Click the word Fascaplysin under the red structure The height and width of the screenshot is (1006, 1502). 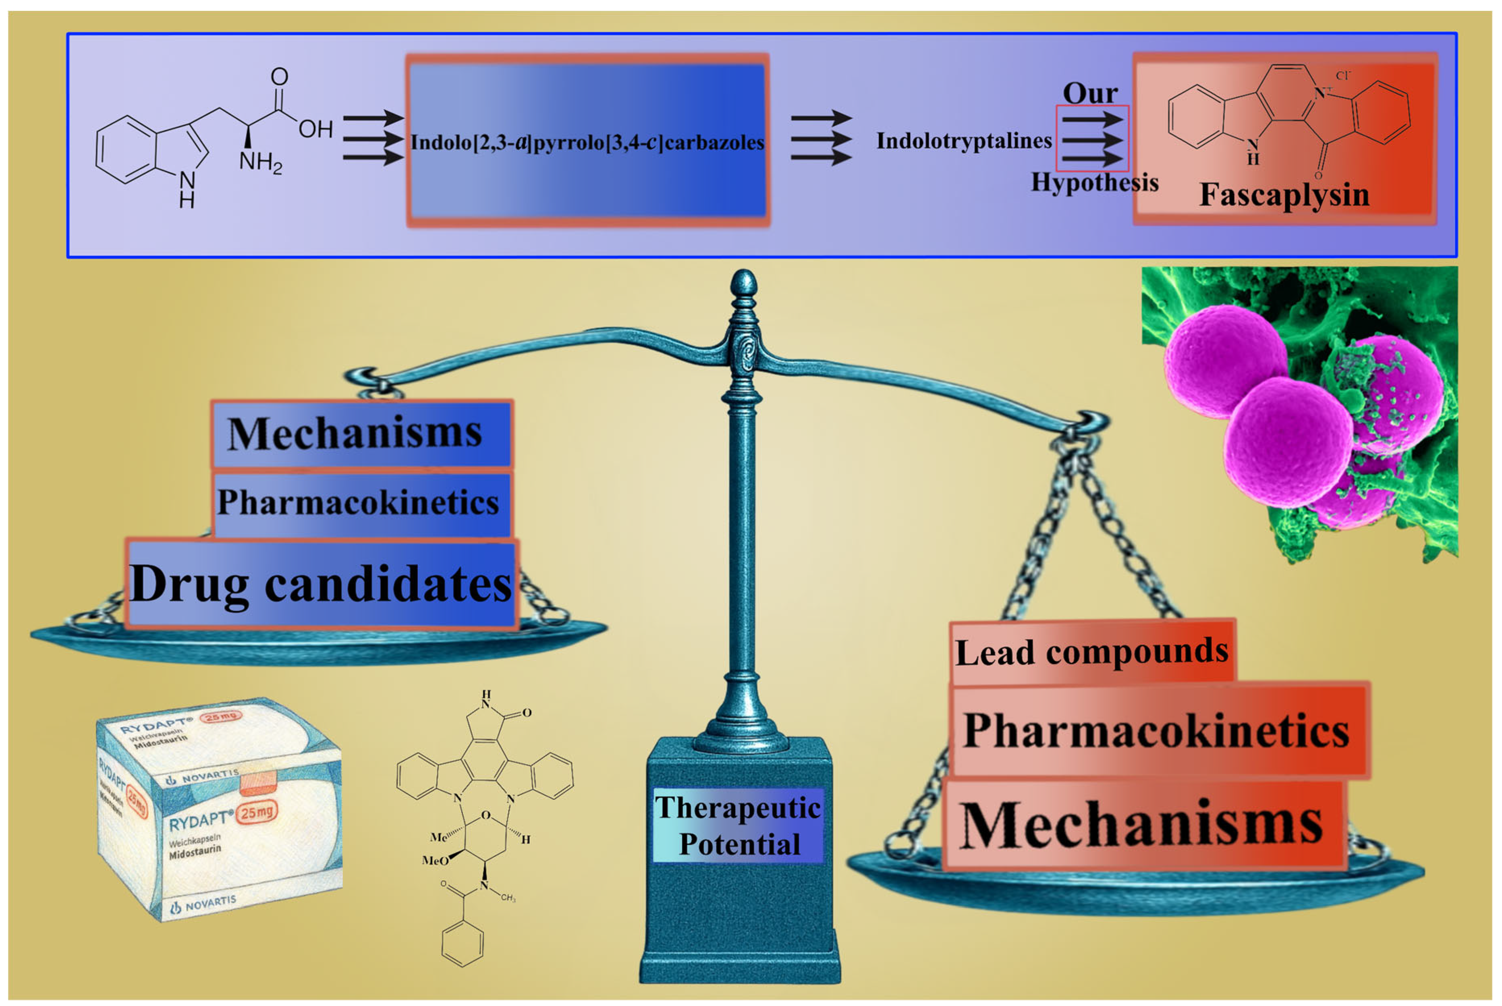coord(1284,195)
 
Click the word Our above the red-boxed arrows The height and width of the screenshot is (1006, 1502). coord(1090,94)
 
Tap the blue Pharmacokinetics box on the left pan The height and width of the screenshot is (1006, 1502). coord(359,502)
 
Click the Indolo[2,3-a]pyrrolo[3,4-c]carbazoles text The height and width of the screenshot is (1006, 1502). coord(587,142)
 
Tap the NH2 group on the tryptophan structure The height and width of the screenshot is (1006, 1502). coord(260,162)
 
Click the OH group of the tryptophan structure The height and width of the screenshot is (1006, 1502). coord(316,130)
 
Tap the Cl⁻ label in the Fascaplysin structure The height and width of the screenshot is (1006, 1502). coord(1343,76)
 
